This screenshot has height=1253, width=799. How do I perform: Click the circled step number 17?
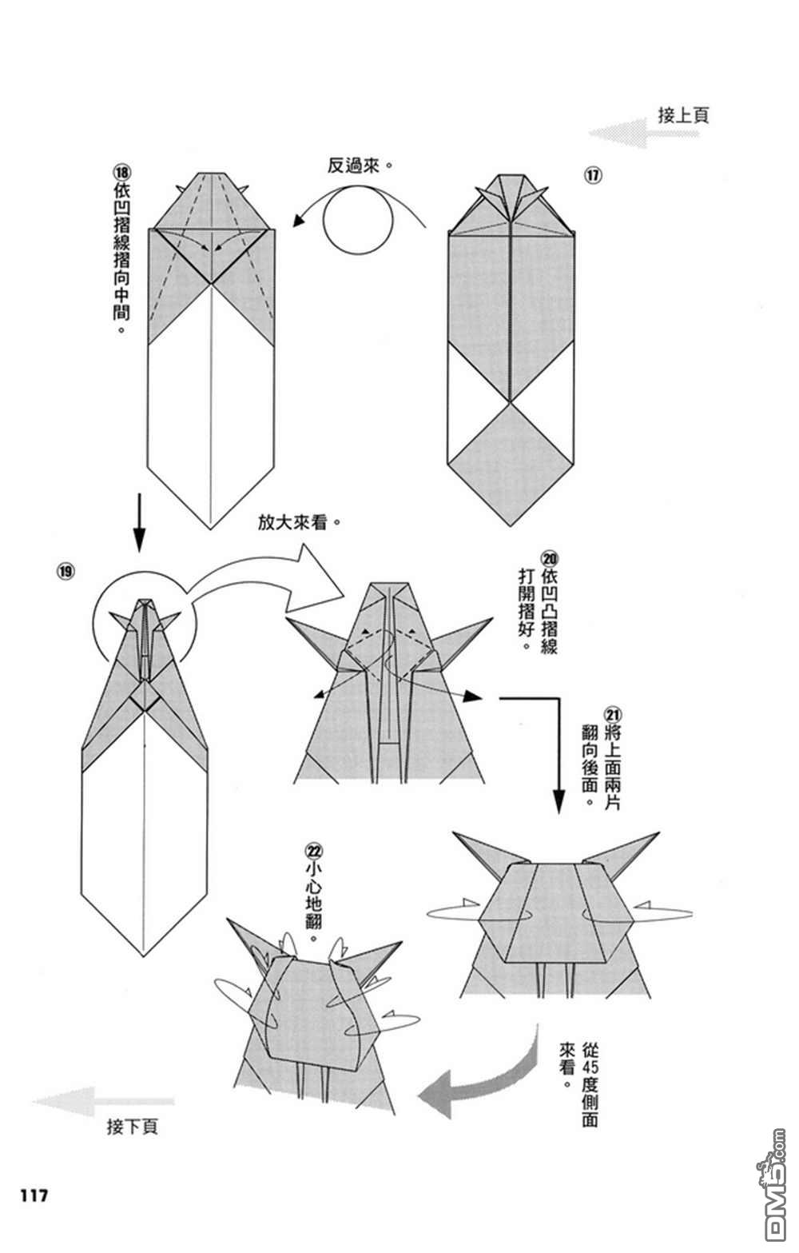point(593,175)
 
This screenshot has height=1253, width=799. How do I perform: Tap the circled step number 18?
point(121,171)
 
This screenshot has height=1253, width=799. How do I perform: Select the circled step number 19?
point(65,571)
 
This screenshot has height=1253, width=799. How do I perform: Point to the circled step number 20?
point(550,558)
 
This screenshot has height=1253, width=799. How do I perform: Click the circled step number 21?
point(613,715)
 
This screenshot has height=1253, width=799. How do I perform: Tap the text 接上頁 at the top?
point(683,114)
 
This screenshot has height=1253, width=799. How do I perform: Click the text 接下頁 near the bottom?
point(133,1126)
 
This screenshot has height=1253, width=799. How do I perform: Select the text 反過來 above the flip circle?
point(353,166)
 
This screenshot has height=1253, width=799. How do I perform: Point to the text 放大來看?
point(292,522)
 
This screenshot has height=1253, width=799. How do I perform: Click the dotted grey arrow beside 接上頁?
point(644,133)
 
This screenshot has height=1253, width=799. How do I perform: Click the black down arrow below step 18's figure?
point(139,523)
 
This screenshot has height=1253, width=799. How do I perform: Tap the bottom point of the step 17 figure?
point(510,526)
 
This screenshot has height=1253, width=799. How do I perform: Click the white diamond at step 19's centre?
point(145,696)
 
